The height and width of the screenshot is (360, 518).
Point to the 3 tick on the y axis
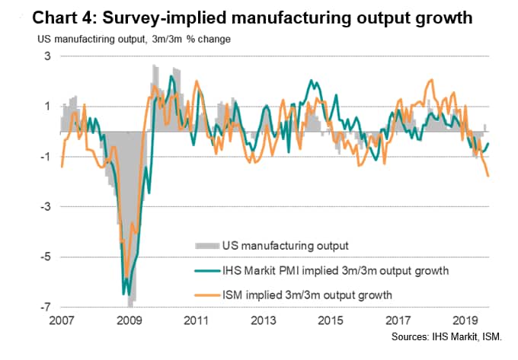pos(46,56)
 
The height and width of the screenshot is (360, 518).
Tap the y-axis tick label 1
pos(46,107)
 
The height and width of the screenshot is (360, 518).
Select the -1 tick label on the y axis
pos(44,157)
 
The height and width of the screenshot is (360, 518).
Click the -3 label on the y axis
pos(44,207)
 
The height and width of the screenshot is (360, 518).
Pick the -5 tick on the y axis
pos(44,257)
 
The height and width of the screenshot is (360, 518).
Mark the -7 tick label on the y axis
pos(44,307)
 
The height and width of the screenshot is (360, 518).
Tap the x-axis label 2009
pos(129,320)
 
